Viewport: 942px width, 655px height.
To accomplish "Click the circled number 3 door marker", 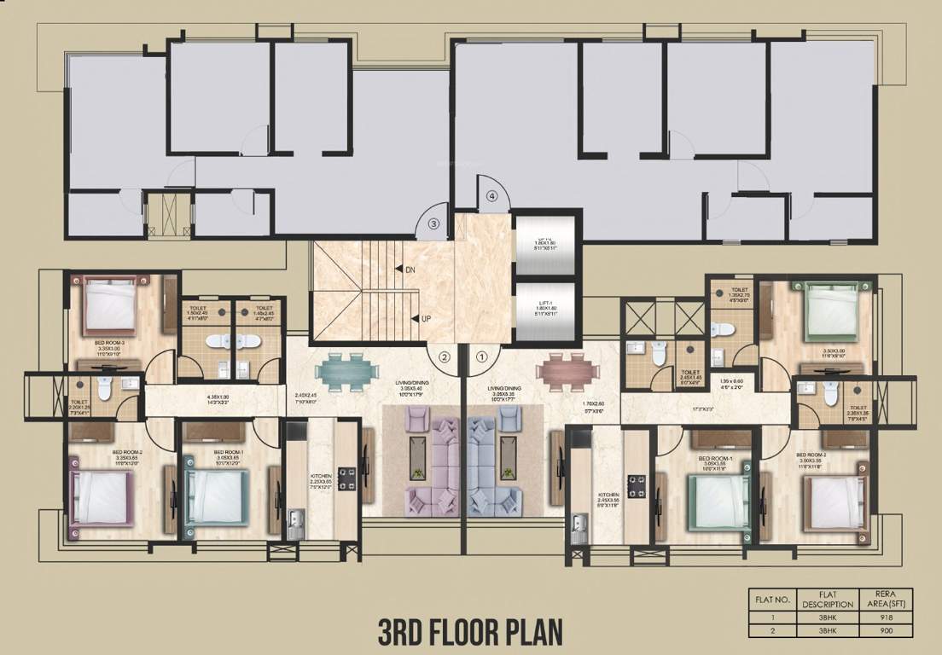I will click(x=433, y=225).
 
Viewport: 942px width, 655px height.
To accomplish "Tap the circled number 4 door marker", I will click(x=491, y=196).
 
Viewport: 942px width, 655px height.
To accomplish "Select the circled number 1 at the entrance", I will click(x=481, y=358).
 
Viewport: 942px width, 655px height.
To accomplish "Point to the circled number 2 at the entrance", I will click(x=445, y=358).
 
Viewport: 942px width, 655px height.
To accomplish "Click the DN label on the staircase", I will click(x=409, y=270).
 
